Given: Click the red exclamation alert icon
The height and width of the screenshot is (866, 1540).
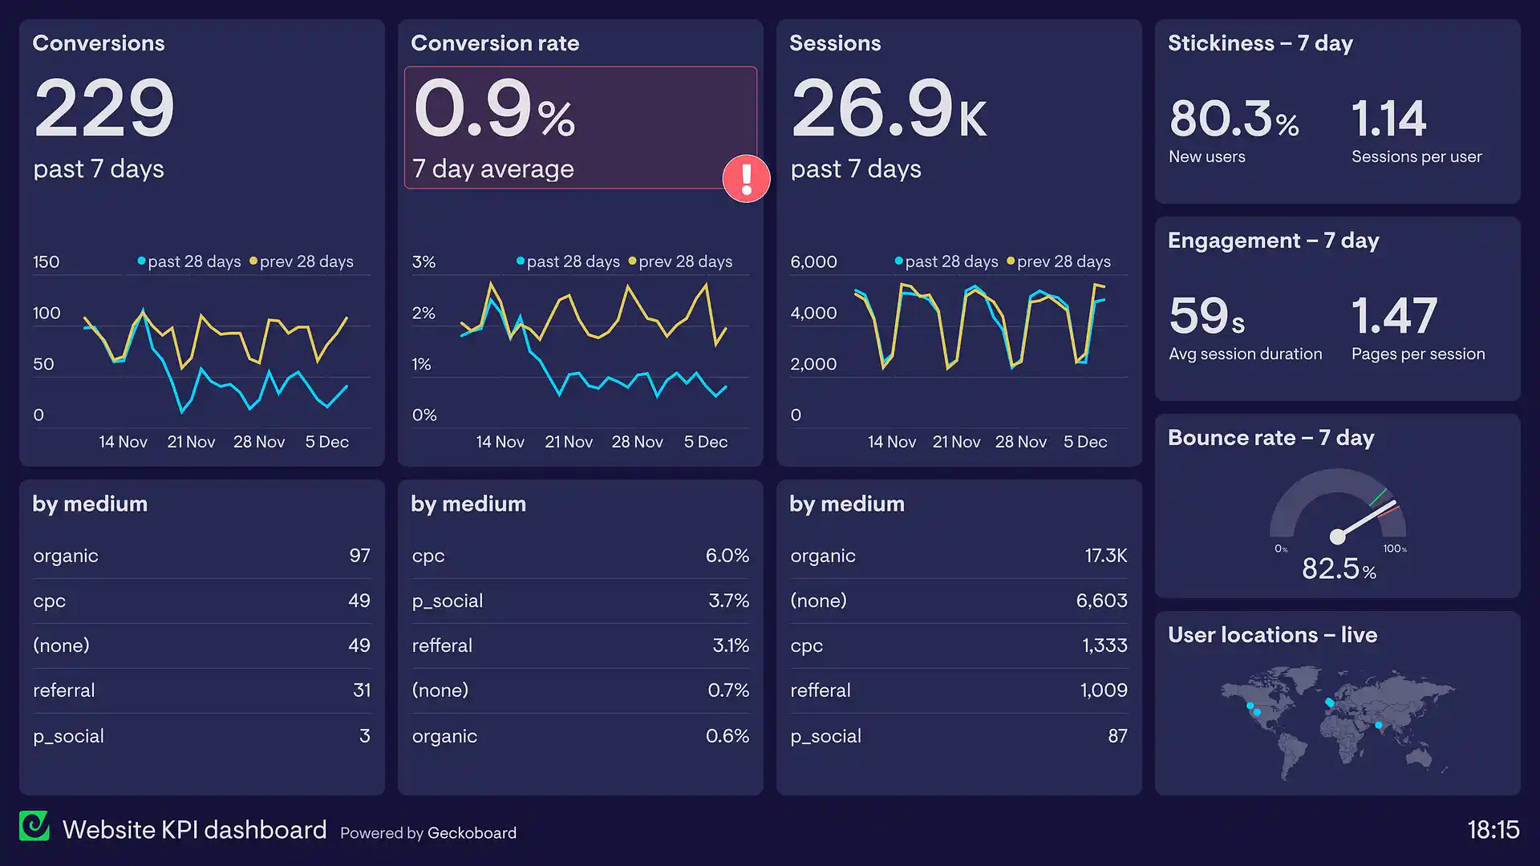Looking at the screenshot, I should (746, 179).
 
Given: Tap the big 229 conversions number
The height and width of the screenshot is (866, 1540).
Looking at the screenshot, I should (104, 108).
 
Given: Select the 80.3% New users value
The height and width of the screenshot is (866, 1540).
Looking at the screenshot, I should (1234, 119).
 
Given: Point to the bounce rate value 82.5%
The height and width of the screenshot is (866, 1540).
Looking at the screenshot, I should (1338, 569).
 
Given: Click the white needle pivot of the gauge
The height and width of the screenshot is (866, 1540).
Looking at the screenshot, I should (1337, 536).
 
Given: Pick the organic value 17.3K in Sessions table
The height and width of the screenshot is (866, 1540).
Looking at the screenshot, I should (1105, 556).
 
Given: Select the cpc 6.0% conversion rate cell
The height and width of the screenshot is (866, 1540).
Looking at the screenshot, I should (727, 556).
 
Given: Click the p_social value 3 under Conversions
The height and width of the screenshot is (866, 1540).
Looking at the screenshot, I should (364, 736).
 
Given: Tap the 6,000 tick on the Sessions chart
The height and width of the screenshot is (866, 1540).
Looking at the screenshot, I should (813, 262).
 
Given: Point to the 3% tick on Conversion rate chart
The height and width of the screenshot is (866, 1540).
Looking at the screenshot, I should (423, 262).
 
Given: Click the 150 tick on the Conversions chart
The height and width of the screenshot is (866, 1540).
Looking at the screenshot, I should (47, 262).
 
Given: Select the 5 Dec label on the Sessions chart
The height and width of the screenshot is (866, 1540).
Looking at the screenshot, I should (1084, 442).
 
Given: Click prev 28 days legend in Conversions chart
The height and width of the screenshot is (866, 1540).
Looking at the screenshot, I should (306, 262).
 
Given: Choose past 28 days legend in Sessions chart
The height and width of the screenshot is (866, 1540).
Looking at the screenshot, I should (950, 262).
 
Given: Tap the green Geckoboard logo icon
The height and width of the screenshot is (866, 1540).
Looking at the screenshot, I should (34, 826).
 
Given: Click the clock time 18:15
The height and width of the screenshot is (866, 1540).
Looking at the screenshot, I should (1493, 829).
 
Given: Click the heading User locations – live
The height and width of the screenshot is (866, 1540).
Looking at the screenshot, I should (1272, 635).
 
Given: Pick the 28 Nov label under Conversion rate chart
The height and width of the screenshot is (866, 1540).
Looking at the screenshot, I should (637, 442).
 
